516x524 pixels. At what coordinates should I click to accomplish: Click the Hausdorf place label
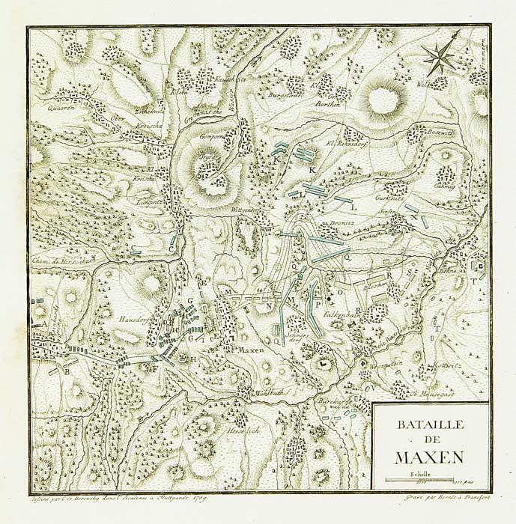[128, 318]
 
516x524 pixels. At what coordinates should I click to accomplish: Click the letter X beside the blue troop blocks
[413, 216]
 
